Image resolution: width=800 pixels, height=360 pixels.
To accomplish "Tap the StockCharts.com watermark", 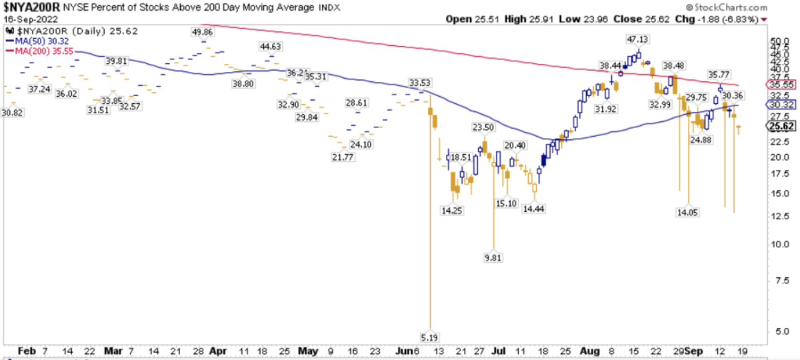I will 761,7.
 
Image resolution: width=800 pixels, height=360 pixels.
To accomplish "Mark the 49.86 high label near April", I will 203,32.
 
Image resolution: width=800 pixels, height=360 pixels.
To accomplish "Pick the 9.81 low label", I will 492,257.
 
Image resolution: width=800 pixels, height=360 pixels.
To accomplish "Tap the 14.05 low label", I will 687,212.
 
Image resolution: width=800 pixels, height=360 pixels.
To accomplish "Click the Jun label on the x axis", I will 404,349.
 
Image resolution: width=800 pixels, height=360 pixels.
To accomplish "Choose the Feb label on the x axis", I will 26,349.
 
